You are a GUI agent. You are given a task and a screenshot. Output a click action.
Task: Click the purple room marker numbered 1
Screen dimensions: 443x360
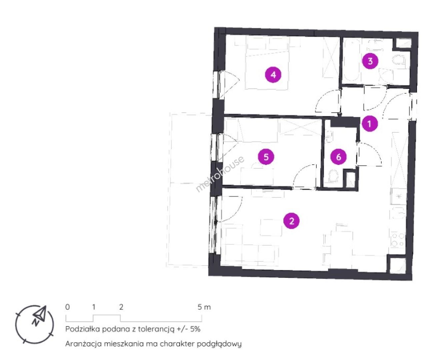click(x=369, y=124)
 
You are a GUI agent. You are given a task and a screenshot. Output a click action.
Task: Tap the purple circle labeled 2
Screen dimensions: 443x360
click(x=292, y=221)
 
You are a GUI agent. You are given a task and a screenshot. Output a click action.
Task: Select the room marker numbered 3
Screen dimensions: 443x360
click(x=370, y=61)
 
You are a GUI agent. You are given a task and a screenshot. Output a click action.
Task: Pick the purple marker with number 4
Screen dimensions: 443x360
click(x=273, y=75)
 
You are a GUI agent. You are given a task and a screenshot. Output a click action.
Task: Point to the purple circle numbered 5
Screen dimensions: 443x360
click(x=266, y=157)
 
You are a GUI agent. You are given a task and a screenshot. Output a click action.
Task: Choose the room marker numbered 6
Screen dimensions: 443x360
click(x=339, y=157)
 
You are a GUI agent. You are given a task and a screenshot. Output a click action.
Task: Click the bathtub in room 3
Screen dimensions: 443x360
click(x=351, y=61)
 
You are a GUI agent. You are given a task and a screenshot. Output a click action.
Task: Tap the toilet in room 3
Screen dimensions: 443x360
click(x=399, y=61)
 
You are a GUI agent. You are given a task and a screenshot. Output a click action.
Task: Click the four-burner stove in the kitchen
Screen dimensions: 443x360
click(x=397, y=240)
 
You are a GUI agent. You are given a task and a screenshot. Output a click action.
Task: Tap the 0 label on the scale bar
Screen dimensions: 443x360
click(x=67, y=307)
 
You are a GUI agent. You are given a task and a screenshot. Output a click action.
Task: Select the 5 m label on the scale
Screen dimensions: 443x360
click(x=204, y=307)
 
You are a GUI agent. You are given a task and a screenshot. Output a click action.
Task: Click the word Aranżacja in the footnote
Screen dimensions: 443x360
click(x=83, y=344)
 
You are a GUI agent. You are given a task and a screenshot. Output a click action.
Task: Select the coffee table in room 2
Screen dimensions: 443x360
click(x=271, y=228)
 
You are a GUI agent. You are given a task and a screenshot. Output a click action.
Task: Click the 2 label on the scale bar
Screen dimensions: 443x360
click(x=121, y=307)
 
